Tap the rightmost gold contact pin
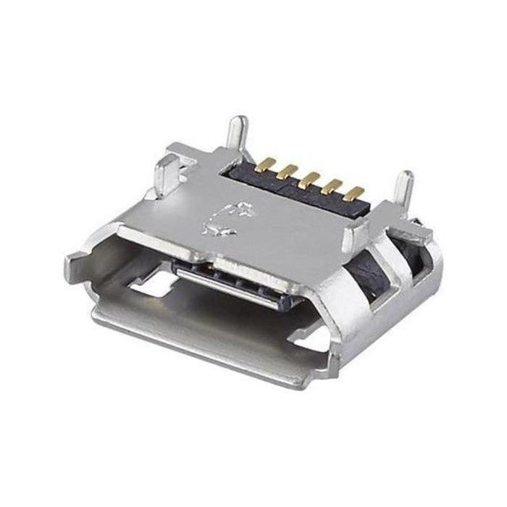356,192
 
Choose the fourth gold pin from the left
334,185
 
